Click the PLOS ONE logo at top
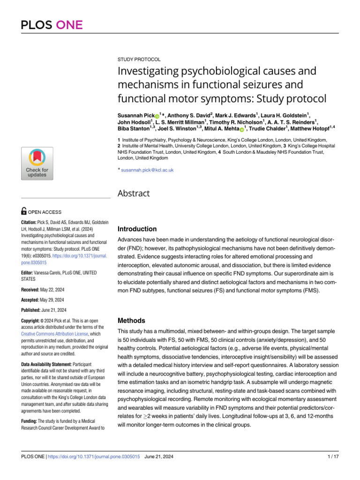[52, 25]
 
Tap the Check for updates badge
[37, 163]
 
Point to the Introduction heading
[137, 229]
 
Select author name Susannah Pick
[135, 115]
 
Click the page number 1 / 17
[332, 457]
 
